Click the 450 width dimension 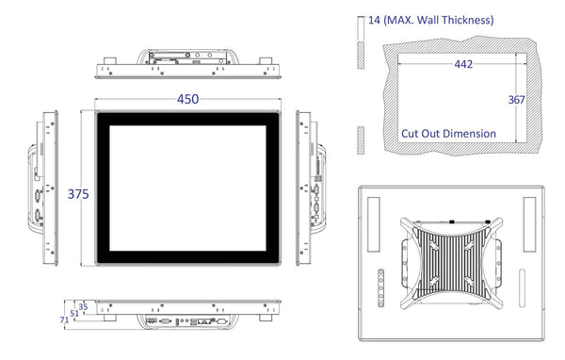click(187, 99)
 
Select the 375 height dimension click(78, 194)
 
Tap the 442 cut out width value click(463, 64)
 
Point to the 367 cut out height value click(516, 100)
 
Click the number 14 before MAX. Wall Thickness click(374, 20)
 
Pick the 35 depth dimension click(83, 306)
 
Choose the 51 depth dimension click(74, 313)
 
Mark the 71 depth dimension click(64, 319)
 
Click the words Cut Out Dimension click(448, 134)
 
